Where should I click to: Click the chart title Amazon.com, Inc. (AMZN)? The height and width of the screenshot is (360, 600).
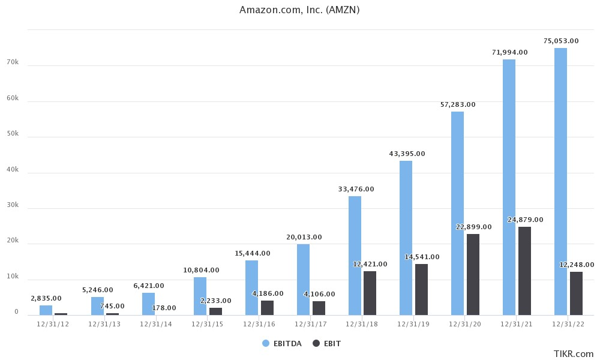[x=299, y=10]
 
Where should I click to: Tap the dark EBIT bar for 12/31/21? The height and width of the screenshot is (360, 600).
[x=524, y=271]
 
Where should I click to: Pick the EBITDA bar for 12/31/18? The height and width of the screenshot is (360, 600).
[x=355, y=256]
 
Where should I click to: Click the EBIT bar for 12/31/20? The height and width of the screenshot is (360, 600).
[x=473, y=274]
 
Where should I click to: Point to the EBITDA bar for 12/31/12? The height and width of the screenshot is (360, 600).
[x=46, y=310]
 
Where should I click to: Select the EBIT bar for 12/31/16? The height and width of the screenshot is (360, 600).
[x=267, y=308]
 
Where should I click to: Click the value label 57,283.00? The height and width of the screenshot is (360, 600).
[x=457, y=104]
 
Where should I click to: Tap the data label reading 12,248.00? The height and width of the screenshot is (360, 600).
[x=577, y=265]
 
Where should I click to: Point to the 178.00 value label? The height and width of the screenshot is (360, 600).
[x=164, y=308]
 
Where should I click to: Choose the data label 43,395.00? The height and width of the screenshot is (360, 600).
[x=407, y=154]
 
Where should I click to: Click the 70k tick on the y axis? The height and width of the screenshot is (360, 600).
[x=13, y=62]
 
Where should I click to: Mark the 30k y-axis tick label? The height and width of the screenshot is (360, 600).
[x=13, y=205]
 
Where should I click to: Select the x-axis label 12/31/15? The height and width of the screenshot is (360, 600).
[x=208, y=324]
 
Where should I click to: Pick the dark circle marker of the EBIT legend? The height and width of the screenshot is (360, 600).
[x=316, y=343]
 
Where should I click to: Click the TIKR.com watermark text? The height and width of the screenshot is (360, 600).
[x=574, y=354]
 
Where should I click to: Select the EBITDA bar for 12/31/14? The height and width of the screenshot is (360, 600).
[x=148, y=304]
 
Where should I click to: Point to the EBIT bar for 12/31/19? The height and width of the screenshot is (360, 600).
[x=421, y=289]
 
